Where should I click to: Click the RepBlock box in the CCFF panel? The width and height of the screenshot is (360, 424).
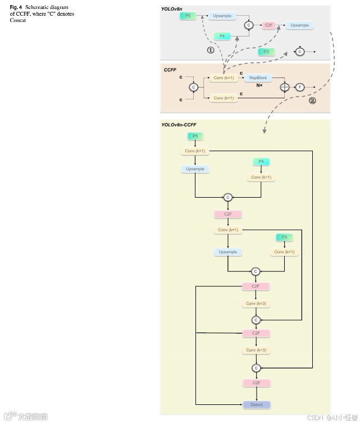(x=258, y=78)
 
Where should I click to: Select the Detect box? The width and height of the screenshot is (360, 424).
(x=256, y=404)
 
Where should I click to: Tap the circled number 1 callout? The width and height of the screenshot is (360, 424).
(x=211, y=50)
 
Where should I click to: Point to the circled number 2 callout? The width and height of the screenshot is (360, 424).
(x=312, y=101)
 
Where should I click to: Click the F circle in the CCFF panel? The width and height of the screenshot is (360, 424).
(x=300, y=87)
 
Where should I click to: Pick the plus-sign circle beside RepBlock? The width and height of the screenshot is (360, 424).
(x=285, y=87)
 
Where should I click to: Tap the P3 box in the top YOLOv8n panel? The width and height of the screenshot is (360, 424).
(x=266, y=51)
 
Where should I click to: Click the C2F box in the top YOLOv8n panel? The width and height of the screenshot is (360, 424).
(x=268, y=25)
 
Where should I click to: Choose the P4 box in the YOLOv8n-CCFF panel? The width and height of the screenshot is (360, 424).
(x=261, y=162)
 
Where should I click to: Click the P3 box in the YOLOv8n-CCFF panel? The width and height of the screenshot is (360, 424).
(x=284, y=238)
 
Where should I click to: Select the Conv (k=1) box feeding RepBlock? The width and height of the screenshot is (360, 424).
(x=224, y=78)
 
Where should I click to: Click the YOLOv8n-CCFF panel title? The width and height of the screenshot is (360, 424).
(x=179, y=125)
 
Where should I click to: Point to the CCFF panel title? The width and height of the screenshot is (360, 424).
(x=170, y=70)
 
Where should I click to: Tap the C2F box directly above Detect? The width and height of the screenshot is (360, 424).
(x=256, y=383)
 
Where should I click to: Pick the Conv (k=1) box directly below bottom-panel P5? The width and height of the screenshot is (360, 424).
(x=195, y=151)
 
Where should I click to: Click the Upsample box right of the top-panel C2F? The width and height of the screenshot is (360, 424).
(x=299, y=25)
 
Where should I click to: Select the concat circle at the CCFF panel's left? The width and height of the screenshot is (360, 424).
(x=194, y=88)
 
